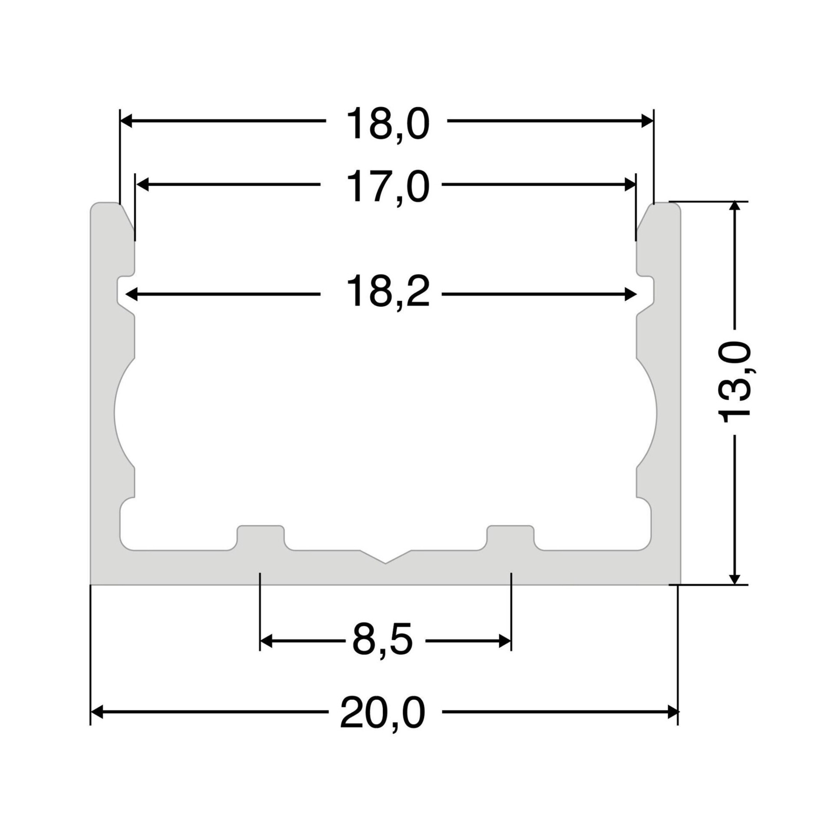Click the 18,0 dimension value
[x=387, y=124]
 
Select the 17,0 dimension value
[x=387, y=187]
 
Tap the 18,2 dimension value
[x=387, y=291]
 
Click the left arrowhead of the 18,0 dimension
[x=126, y=121]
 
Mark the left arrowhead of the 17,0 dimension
[x=142, y=185]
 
